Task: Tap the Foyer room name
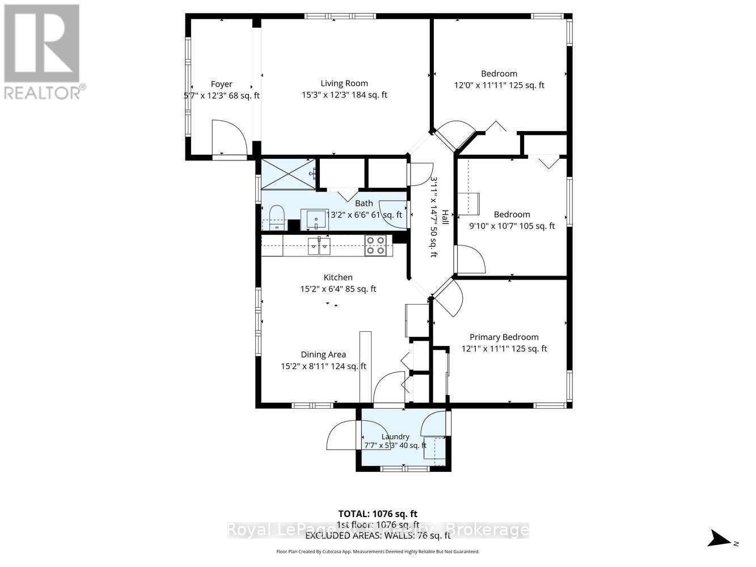tap(222, 84)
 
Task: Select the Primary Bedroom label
tap(504, 337)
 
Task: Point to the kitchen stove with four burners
tap(375, 245)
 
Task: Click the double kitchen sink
tap(319, 246)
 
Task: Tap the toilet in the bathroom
tap(276, 217)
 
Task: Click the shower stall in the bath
tap(288, 174)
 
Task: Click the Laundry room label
tap(395, 437)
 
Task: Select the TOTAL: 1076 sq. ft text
tap(378, 514)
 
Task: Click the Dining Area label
tap(323, 354)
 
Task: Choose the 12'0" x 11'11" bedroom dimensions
tap(499, 86)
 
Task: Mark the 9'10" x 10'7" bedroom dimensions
tap(512, 226)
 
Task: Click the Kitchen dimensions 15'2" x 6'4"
tap(338, 289)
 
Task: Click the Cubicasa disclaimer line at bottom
tap(378, 551)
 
